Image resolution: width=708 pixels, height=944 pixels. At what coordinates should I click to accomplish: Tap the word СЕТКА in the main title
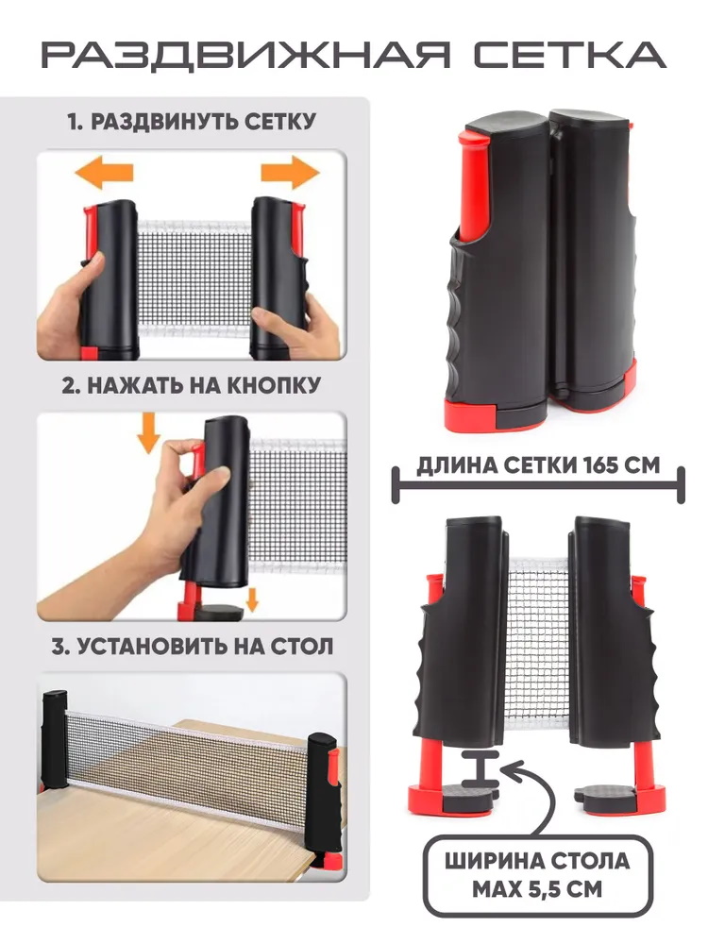(x=569, y=56)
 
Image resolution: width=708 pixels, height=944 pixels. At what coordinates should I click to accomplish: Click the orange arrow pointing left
(x=104, y=172)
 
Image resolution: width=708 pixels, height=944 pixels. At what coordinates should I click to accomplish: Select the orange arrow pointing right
(x=290, y=172)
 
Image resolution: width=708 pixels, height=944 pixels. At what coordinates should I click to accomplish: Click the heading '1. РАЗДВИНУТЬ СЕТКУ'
(x=192, y=122)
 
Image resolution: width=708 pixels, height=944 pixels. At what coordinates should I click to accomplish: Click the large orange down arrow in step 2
(x=148, y=433)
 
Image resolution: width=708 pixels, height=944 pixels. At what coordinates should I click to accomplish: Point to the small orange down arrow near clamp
(x=252, y=599)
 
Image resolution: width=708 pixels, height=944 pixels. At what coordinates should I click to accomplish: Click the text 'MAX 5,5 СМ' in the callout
(x=537, y=890)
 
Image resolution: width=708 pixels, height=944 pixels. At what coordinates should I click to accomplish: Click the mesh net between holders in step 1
(x=194, y=277)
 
